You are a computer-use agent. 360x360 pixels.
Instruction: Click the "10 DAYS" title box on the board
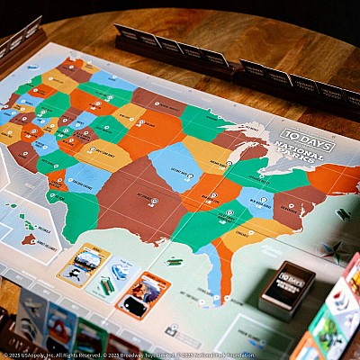click(306, 139)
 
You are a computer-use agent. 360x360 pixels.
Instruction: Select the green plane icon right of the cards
click(174, 262)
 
